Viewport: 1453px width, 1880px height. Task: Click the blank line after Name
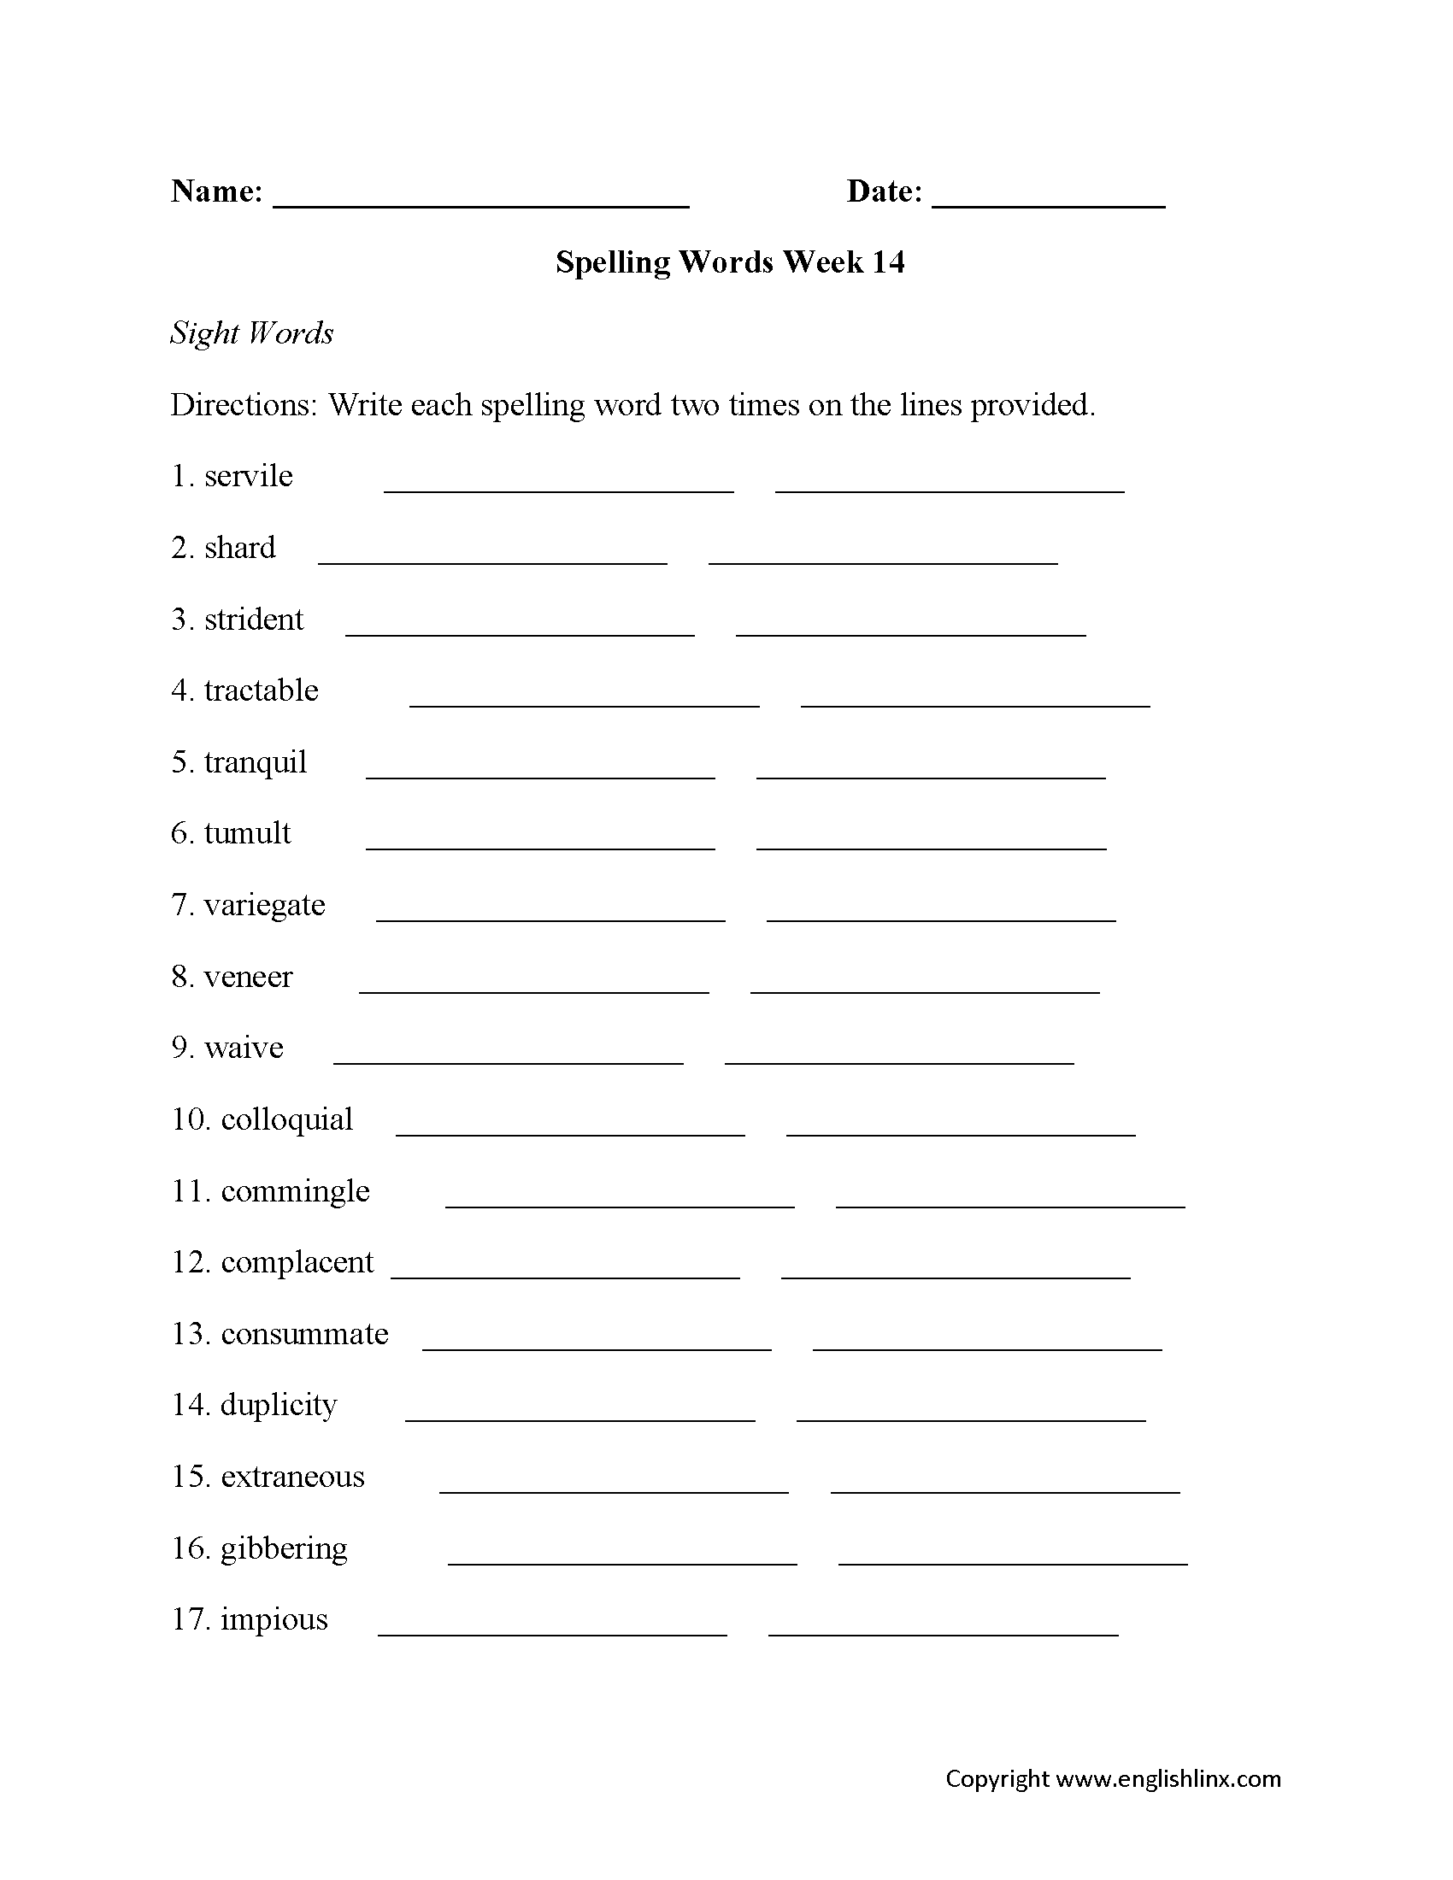point(480,203)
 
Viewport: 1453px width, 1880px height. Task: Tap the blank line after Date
point(1048,203)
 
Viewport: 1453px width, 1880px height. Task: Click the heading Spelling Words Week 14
point(730,261)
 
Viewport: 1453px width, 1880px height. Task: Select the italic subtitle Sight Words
point(251,333)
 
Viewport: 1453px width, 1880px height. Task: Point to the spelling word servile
point(249,476)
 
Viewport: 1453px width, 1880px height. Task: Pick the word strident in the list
point(254,619)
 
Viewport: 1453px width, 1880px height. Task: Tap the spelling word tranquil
point(256,762)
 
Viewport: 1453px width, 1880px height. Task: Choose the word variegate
point(264,905)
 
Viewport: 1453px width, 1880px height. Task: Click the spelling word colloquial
point(286,1120)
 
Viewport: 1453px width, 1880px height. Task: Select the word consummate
point(305,1334)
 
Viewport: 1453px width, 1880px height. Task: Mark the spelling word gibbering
point(284,1548)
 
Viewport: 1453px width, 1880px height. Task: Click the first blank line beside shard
point(492,561)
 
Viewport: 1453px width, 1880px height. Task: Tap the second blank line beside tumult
point(932,847)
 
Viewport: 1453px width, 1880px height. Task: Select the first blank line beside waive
point(508,1061)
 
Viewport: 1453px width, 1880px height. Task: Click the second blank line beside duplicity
point(971,1419)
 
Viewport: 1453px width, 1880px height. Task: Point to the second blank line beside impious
point(944,1633)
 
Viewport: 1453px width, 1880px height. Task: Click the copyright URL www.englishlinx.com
point(1168,1779)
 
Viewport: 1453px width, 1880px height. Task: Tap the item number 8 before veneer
point(179,977)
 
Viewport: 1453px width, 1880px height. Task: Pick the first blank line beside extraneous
point(614,1490)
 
